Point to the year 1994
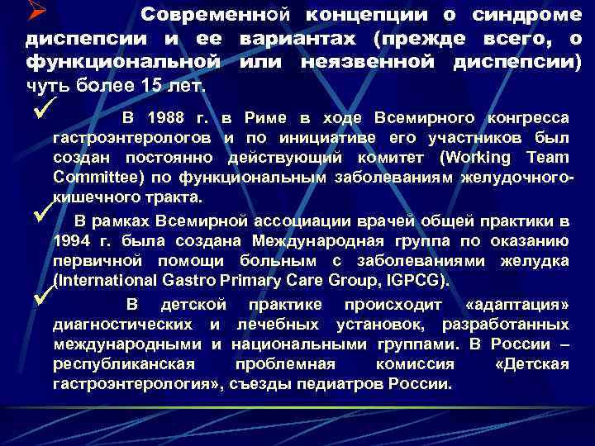[72, 241]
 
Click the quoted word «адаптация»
[518, 305]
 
